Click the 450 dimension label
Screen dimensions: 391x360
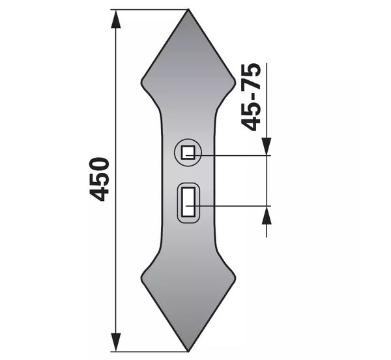pyautogui.click(x=99, y=179)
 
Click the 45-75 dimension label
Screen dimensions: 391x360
pyautogui.click(x=251, y=97)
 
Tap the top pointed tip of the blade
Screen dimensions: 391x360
pyautogui.click(x=188, y=10)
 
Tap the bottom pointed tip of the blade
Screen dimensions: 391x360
pyautogui.click(x=188, y=352)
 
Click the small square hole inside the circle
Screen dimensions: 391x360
pyautogui.click(x=188, y=153)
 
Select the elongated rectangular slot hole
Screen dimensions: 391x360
pyautogui.click(x=188, y=202)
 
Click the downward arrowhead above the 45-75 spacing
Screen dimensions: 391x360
pyautogui.click(x=267, y=147)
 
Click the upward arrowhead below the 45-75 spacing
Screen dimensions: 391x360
pyautogui.click(x=267, y=215)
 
